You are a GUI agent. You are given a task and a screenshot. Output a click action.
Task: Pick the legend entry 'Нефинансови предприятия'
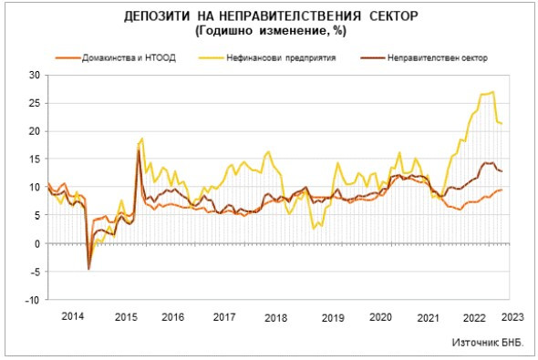pyautogui.click(x=283, y=57)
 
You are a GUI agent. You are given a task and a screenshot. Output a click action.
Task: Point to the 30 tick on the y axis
pyautogui.click(x=36, y=75)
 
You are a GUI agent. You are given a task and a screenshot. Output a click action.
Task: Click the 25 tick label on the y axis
pyautogui.click(x=36, y=103)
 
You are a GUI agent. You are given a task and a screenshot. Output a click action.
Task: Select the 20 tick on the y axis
pyautogui.click(x=36, y=131)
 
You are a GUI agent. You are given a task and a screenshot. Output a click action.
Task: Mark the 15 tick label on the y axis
pyautogui.click(x=36, y=159)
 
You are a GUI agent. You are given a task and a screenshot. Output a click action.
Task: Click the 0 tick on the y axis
pyautogui.click(x=38, y=243)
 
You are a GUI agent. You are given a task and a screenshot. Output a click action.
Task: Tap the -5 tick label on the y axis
pyautogui.click(x=36, y=272)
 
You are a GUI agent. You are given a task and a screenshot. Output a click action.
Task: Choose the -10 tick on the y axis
pyautogui.click(x=35, y=300)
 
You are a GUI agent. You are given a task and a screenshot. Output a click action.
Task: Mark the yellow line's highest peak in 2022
pyautogui.click(x=493, y=91)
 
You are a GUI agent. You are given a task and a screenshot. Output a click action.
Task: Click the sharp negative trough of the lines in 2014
pyautogui.click(x=88, y=269)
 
